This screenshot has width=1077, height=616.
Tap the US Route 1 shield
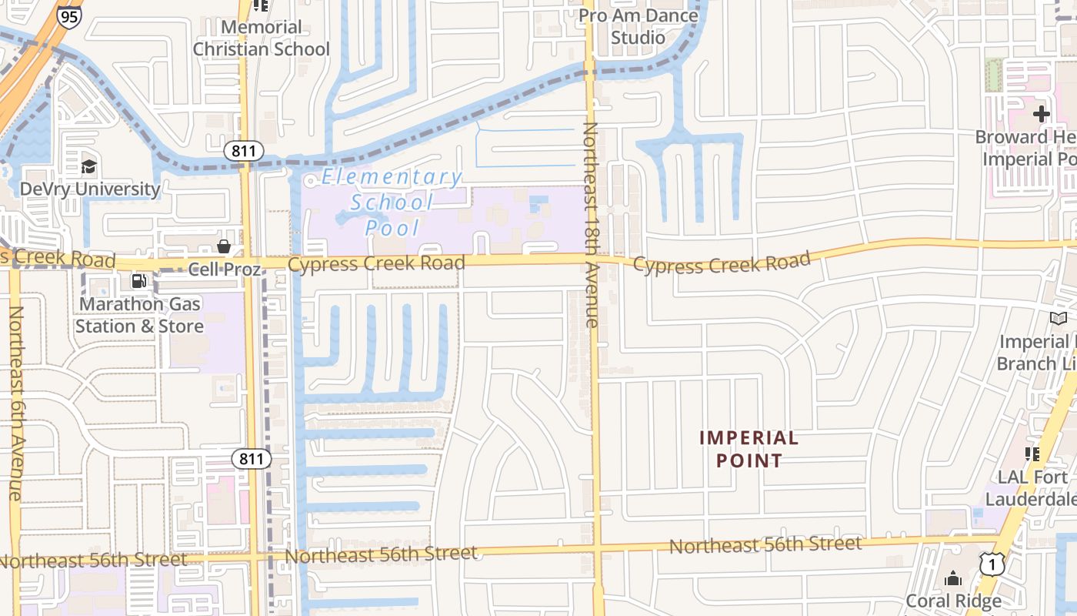point(992,564)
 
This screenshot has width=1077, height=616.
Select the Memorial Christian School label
point(261,38)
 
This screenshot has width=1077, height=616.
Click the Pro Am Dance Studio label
point(639,26)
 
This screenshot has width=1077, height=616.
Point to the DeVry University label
point(89,189)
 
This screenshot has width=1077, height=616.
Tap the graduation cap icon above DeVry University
point(89,166)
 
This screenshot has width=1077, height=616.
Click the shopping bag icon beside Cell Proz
point(224,246)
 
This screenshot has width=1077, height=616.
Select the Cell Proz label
point(225,269)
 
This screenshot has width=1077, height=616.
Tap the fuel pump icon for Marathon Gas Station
point(139,282)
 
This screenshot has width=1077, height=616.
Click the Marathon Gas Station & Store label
point(139,315)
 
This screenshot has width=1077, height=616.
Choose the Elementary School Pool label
point(392,202)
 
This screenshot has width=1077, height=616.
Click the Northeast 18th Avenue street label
point(591,223)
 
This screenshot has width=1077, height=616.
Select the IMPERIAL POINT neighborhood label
point(749,450)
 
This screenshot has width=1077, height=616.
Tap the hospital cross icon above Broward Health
point(1041,114)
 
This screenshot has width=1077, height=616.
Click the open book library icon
point(1059,318)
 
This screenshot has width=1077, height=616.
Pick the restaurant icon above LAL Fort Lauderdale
point(1032,454)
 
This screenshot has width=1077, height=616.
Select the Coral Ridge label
point(954,601)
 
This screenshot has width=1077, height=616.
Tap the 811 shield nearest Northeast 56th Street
point(252,460)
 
